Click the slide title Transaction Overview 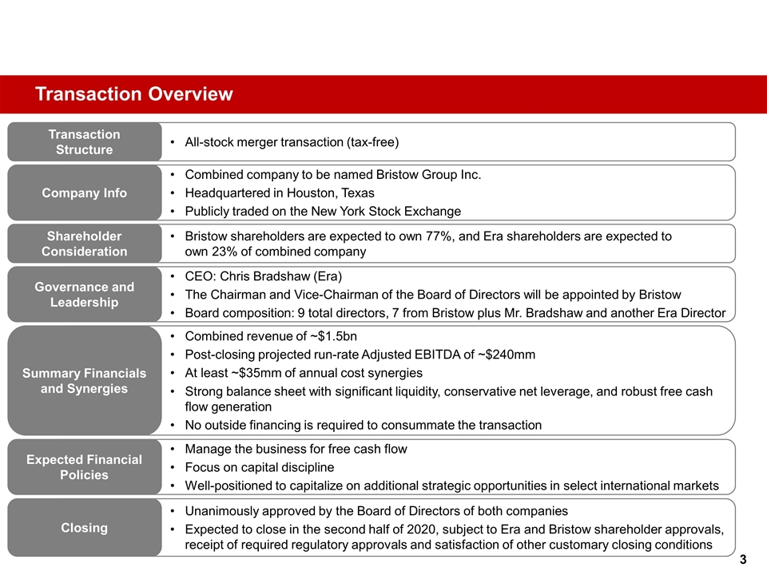(134, 95)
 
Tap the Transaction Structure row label (84, 142)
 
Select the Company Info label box (84, 192)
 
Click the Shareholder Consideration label (84, 244)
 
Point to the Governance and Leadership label (84, 294)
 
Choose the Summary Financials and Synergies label (84, 381)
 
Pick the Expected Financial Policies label (84, 467)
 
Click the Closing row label (84, 527)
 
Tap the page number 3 (743, 560)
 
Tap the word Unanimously (224, 510)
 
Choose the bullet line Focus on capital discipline (260, 467)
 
